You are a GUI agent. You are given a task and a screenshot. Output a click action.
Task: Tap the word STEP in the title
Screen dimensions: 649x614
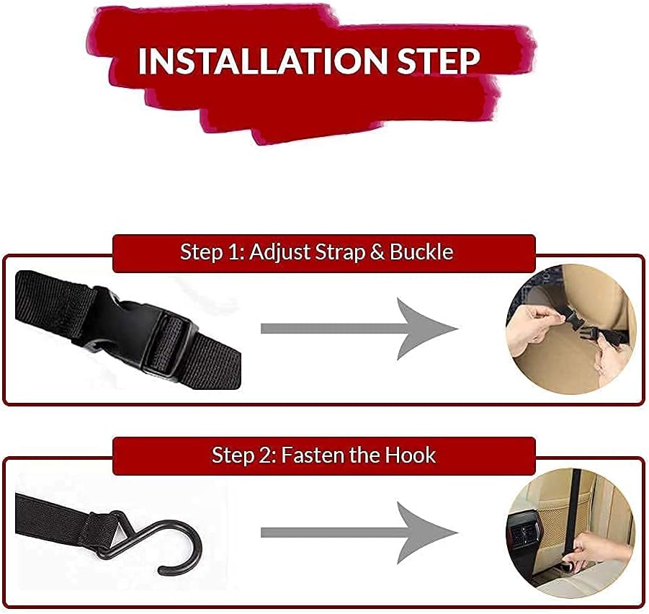439,61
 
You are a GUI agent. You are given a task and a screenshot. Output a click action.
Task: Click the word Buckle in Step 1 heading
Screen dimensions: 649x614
421,252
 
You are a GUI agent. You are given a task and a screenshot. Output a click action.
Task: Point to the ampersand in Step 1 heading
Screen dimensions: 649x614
377,252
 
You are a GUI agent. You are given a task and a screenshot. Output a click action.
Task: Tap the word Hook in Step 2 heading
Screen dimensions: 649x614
410,455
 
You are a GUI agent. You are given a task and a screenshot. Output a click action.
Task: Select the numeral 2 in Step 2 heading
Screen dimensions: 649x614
264,455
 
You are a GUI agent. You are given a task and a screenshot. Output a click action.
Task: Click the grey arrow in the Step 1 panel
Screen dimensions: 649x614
359,329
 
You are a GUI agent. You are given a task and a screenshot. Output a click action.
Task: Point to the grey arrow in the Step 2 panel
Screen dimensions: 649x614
359,533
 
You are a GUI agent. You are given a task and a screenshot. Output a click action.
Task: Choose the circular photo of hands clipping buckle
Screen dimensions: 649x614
571,329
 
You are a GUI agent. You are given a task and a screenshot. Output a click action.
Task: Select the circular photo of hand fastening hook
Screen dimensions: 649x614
571,533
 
